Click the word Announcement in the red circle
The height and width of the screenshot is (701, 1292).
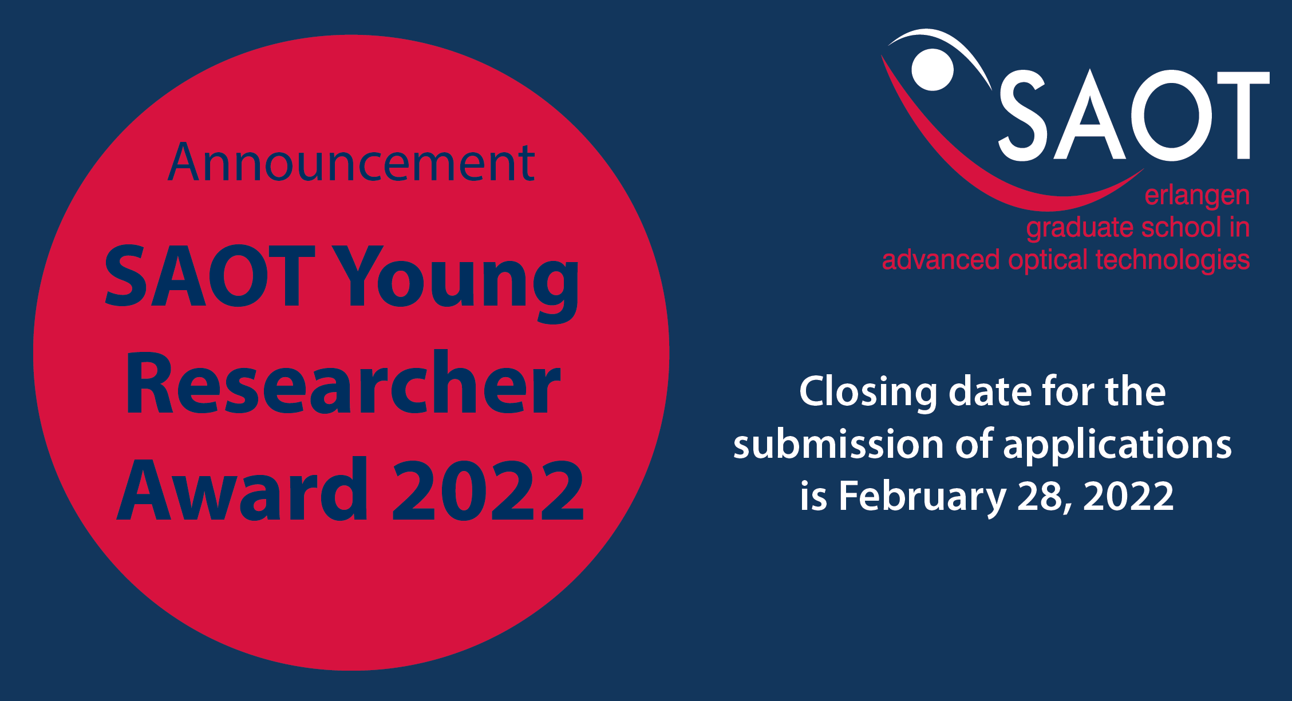pyautogui.click(x=351, y=163)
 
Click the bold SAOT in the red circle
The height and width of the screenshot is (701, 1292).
pyautogui.click(x=210, y=276)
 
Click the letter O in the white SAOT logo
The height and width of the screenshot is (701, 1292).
pyautogui.click(x=1171, y=114)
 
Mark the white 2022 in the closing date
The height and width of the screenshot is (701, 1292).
pyautogui.click(x=1128, y=496)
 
